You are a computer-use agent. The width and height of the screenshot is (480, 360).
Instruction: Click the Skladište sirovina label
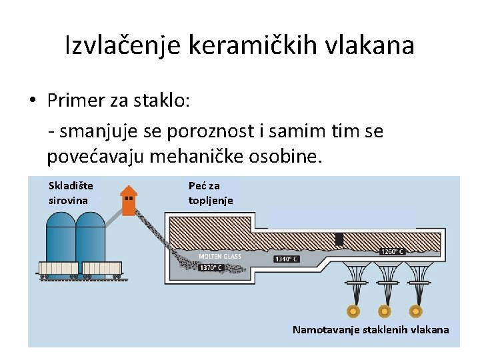point(71,193)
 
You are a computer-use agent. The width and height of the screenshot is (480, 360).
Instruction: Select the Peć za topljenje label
point(211,193)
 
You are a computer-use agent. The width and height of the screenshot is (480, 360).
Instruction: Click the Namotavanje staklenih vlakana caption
point(371,329)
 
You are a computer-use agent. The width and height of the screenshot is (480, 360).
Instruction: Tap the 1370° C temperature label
point(210,268)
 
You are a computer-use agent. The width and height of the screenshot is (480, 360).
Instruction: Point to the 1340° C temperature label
point(286,259)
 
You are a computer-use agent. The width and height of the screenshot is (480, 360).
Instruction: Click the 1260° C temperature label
point(392,251)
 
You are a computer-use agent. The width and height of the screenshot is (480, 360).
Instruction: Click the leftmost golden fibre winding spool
point(353,311)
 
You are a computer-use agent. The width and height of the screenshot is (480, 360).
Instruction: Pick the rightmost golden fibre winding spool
point(415,311)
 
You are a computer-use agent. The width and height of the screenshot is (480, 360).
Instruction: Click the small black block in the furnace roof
point(340,239)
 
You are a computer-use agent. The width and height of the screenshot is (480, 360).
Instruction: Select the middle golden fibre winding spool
point(385,311)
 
